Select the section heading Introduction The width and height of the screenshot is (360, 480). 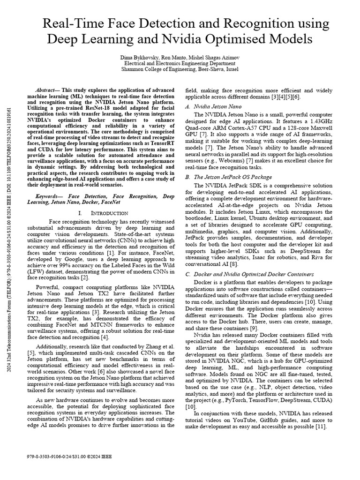click(105, 213)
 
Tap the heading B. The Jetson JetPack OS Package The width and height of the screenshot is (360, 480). click(229, 177)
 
